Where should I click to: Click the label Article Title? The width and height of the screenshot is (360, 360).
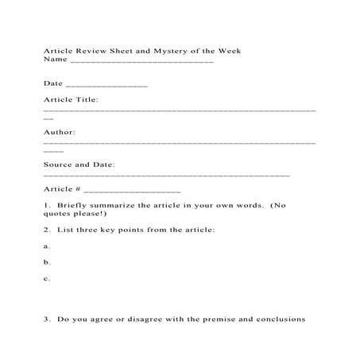pos(71,100)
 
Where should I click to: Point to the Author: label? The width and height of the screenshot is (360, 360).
pos(59,132)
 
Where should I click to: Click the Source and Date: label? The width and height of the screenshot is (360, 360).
pos(79,165)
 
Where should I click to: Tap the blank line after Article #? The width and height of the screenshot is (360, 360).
pos(132,191)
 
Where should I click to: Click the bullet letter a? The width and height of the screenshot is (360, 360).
pos(47,246)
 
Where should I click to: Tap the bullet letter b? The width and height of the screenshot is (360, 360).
pos(47,262)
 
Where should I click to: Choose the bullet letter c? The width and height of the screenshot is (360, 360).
pos(47,278)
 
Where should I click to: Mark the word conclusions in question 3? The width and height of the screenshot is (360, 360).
pos(279,320)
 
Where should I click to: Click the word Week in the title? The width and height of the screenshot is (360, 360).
pos(227,51)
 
